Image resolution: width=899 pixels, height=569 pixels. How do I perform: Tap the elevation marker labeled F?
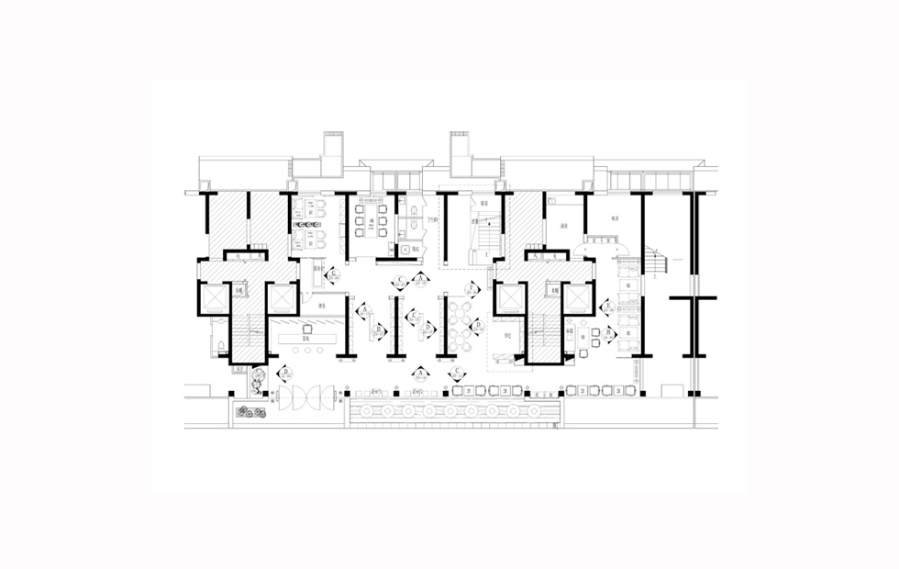(472, 288)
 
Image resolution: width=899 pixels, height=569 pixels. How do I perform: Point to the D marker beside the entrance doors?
(285, 374)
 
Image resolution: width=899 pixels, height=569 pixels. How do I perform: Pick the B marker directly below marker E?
(607, 332)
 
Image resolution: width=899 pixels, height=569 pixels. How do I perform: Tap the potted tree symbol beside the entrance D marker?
(260, 375)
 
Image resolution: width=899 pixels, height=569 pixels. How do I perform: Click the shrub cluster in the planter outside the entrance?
(248, 410)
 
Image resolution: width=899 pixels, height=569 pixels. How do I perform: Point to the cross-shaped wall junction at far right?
(694, 299)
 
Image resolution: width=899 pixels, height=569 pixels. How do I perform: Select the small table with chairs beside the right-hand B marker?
(593, 338)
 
